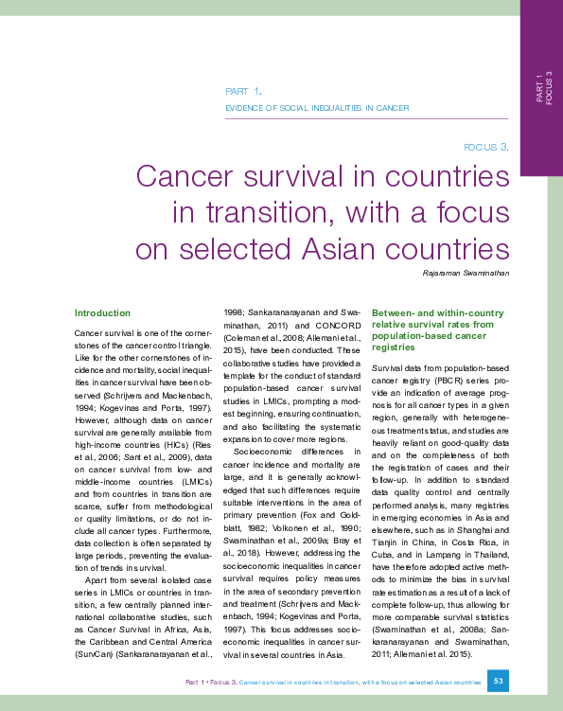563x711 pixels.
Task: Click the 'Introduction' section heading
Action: pos(102,312)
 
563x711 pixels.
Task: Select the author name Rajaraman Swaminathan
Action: pos(466,274)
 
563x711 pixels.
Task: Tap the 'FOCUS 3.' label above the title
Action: pos(486,147)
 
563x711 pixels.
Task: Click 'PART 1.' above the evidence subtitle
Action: pos(243,92)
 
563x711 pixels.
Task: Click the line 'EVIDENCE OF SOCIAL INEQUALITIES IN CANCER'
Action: pos(316,109)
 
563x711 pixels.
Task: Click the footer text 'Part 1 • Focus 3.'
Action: pos(211,682)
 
